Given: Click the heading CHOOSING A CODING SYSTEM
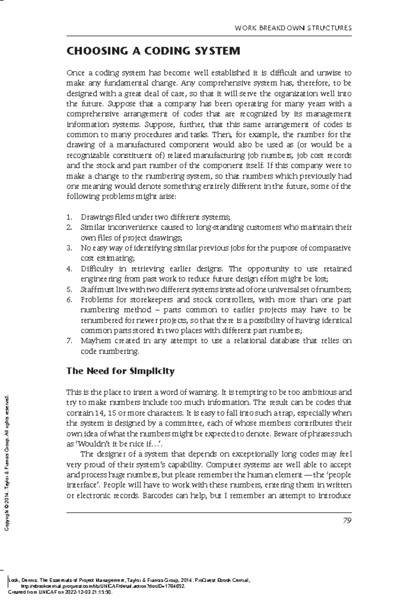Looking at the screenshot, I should coord(153,51).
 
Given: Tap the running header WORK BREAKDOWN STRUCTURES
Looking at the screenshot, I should coord(293,28).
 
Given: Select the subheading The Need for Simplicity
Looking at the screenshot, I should coord(120,371).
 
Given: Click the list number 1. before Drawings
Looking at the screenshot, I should coord(69,217).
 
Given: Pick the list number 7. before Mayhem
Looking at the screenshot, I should coord(69,341).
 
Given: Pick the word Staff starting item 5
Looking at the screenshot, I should coord(87,290).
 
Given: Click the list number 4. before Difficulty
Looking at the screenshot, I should coord(69,269).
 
